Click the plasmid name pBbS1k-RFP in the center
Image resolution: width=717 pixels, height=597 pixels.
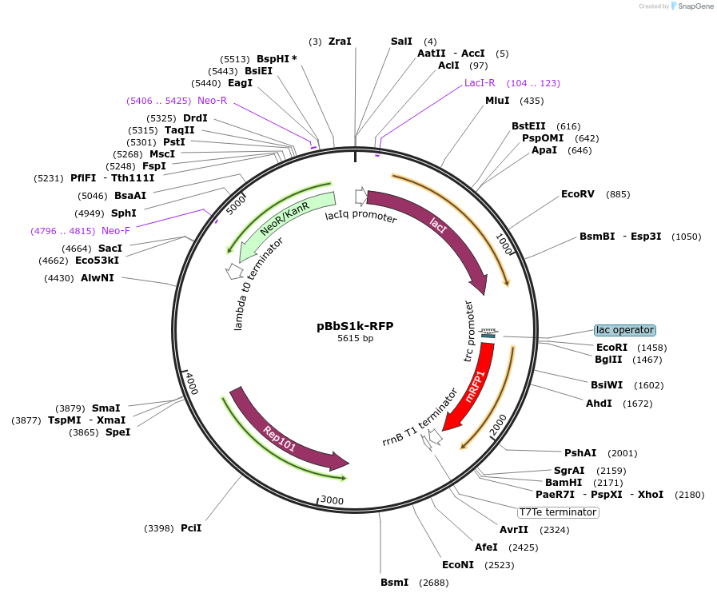tap(355, 326)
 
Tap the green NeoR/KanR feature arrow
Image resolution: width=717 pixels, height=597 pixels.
tap(284, 220)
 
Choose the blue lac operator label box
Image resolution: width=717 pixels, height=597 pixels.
tap(624, 330)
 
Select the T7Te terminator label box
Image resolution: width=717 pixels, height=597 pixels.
tap(558, 512)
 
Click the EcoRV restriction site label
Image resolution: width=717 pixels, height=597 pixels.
tap(578, 194)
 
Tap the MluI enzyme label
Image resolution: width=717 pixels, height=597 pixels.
tap(497, 101)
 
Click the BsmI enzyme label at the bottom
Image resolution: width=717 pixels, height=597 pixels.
tap(394, 583)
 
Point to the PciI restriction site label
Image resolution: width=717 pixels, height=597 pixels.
tap(191, 528)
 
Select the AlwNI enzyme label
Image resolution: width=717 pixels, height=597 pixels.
tap(98, 278)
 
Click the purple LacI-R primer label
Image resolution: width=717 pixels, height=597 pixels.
tap(480, 83)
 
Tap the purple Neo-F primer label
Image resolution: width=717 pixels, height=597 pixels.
tap(116, 231)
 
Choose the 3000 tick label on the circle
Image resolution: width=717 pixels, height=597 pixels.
tap(332, 500)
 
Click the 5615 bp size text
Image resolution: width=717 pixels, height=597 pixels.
tap(355, 339)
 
